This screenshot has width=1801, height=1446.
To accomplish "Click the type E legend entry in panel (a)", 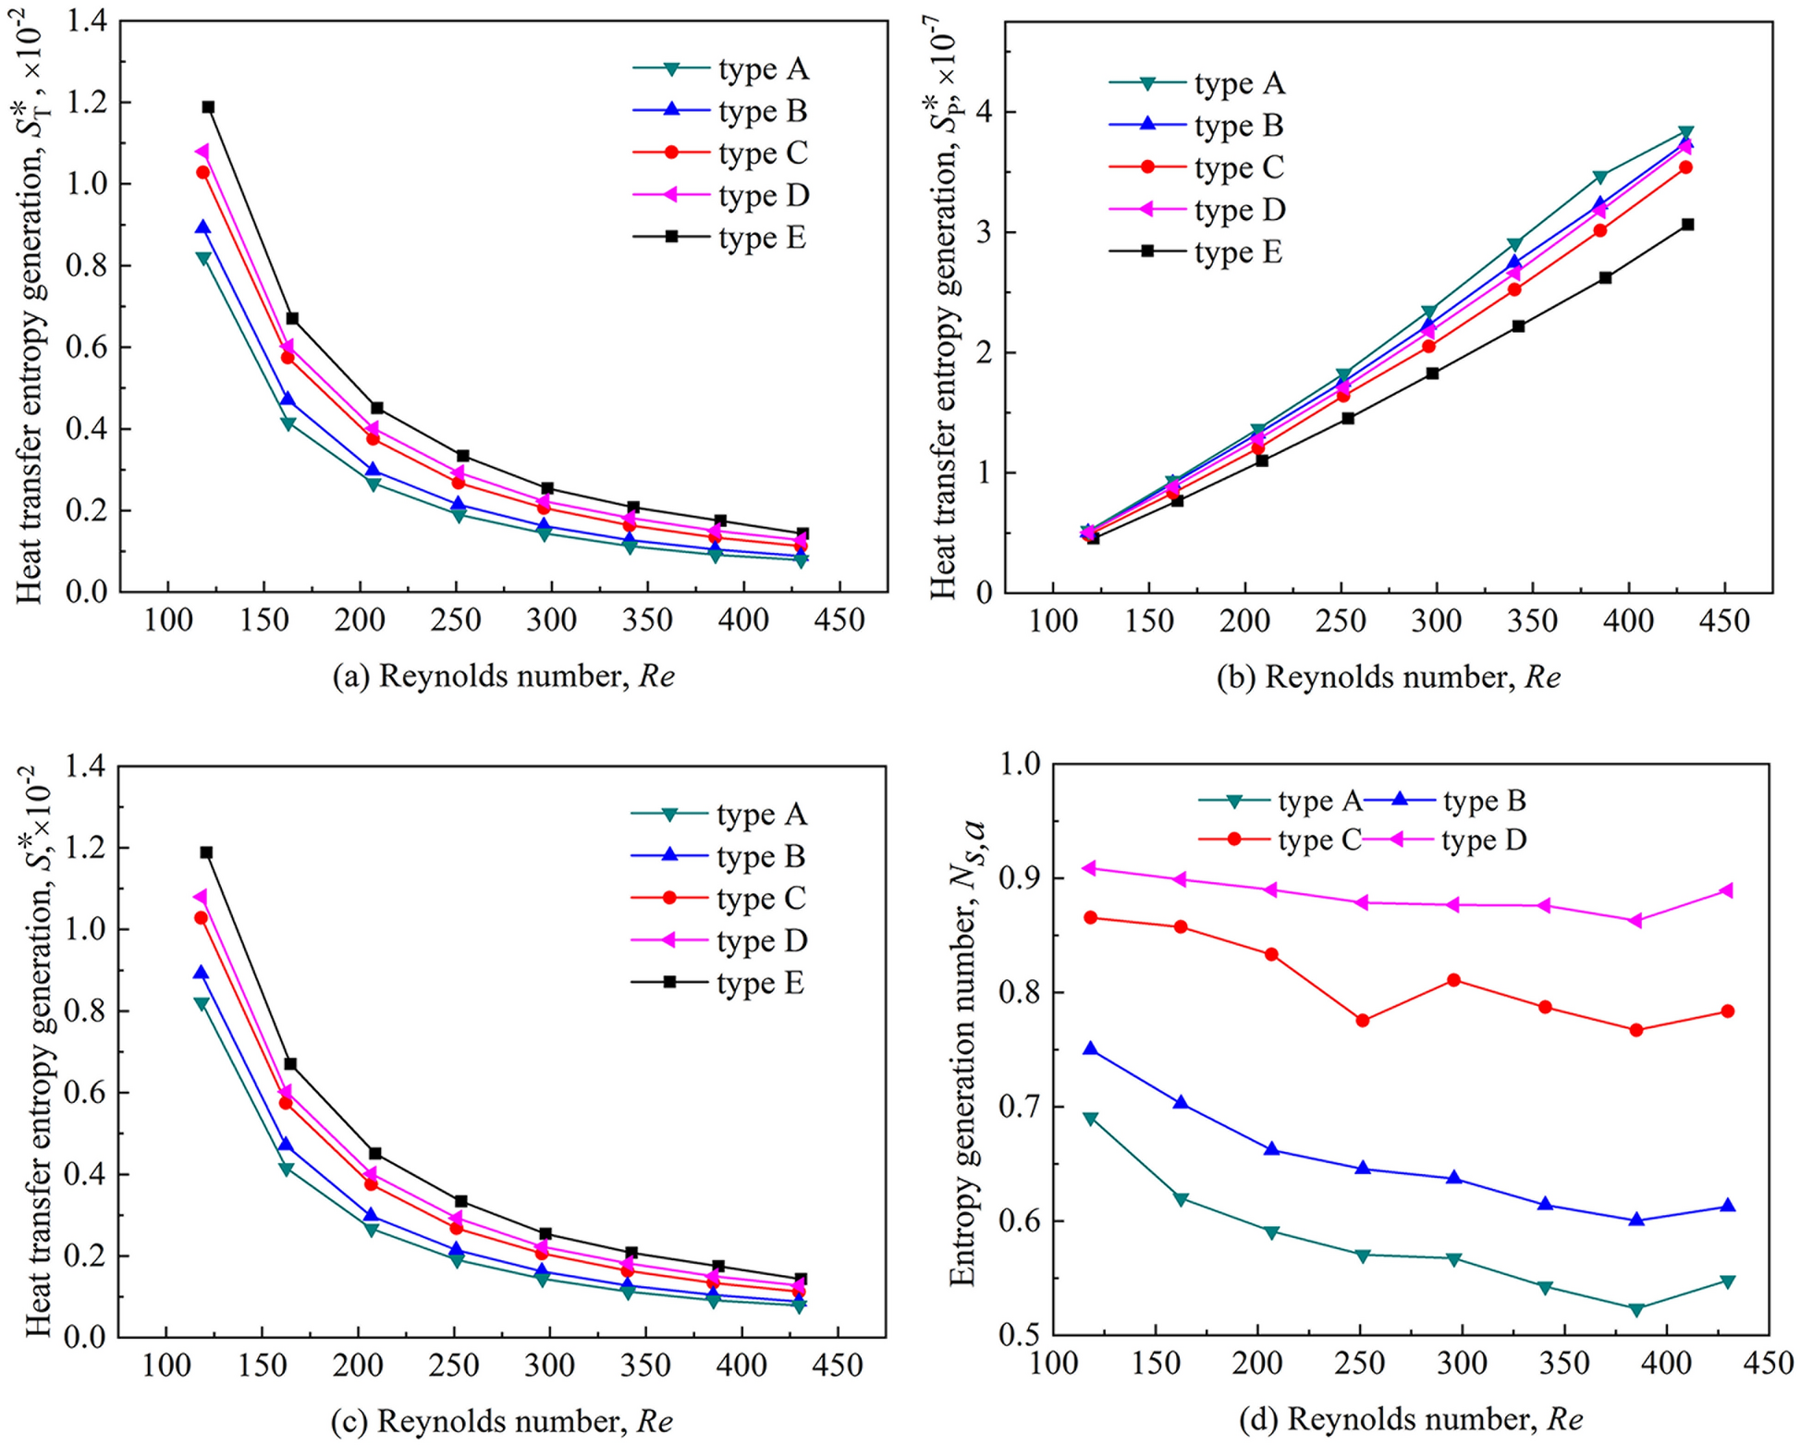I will click(x=721, y=238).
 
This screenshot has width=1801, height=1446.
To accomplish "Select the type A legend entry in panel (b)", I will click(x=1197, y=83).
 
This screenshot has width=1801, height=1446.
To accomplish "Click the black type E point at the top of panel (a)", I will click(x=208, y=107).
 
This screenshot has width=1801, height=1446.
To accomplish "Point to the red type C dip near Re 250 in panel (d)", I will click(x=1362, y=1021).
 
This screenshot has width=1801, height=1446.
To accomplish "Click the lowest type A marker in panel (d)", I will click(x=1636, y=1309).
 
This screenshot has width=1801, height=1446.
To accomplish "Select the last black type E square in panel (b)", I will click(x=1687, y=225).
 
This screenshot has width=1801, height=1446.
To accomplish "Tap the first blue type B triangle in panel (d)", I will click(x=1090, y=1048).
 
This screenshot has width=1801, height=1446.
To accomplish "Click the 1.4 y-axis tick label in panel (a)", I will click(x=86, y=21).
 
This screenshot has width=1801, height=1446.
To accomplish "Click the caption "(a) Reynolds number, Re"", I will click(x=504, y=677).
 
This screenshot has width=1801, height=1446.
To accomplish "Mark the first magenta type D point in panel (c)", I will click(x=201, y=897).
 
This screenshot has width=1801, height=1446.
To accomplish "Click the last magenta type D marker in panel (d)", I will click(x=1726, y=890).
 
